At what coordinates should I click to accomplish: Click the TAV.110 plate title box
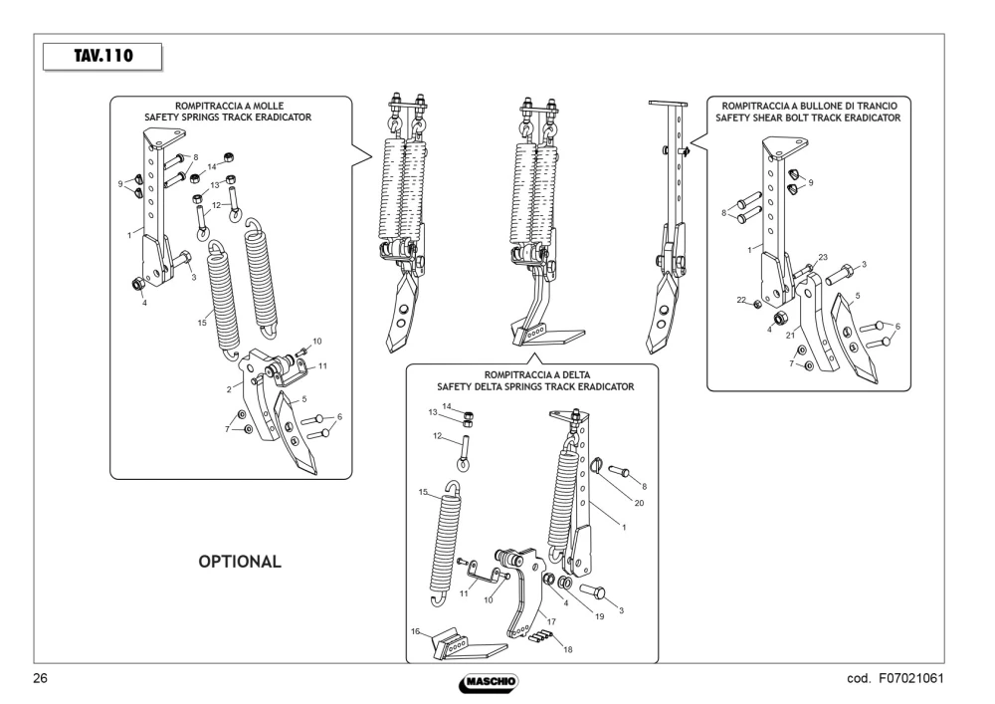pyautogui.click(x=102, y=57)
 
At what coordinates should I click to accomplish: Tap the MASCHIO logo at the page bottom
pyautogui.click(x=489, y=682)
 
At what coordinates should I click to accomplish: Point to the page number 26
pyautogui.click(x=40, y=678)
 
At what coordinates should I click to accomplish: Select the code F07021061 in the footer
pyautogui.click(x=911, y=678)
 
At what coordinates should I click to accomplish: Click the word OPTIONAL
pyautogui.click(x=240, y=562)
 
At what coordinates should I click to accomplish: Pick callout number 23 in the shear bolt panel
pyautogui.click(x=823, y=257)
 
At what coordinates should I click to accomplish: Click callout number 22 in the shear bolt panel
pyautogui.click(x=741, y=300)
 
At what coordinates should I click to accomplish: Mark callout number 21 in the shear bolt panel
pyautogui.click(x=791, y=336)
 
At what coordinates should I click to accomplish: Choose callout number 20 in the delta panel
pyautogui.click(x=639, y=503)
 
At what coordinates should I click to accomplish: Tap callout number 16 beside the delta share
pyautogui.click(x=416, y=631)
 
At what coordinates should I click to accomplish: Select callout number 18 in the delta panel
pyautogui.click(x=568, y=649)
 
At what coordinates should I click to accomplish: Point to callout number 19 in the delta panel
pyautogui.click(x=600, y=616)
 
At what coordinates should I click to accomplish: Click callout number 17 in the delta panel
pyautogui.click(x=551, y=621)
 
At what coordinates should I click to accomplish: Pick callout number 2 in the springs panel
pyautogui.click(x=229, y=389)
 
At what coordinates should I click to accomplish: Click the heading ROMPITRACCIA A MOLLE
pyautogui.click(x=229, y=106)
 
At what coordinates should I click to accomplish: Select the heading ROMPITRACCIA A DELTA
pyautogui.click(x=537, y=375)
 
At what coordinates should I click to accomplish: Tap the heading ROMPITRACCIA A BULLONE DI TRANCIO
pyautogui.click(x=810, y=106)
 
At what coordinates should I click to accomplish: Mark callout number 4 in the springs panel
pyautogui.click(x=144, y=303)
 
